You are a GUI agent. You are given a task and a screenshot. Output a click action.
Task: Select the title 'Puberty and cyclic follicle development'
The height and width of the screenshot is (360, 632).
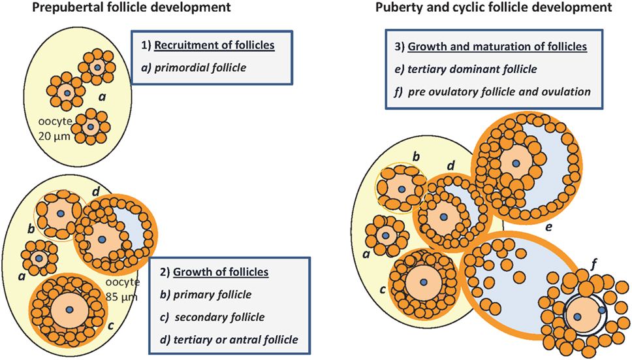[x=494, y=9]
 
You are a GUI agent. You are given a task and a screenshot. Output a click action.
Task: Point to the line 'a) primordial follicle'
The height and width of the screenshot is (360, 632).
[x=194, y=67]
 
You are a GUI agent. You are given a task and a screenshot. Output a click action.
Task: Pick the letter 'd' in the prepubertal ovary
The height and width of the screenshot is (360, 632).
[x=96, y=191]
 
